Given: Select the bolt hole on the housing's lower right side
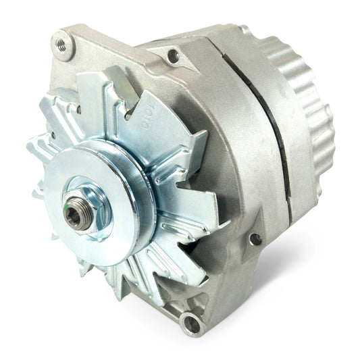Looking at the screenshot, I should coord(255,238).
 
